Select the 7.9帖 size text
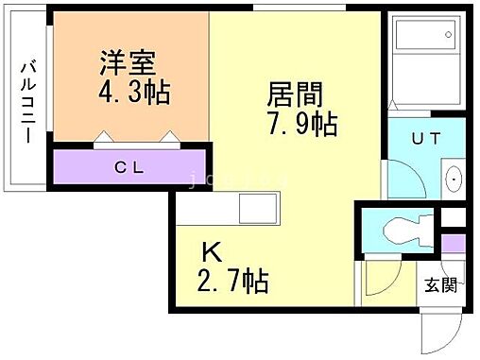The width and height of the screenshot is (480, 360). point(300,124)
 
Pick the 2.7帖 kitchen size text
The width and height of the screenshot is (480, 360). point(232,280)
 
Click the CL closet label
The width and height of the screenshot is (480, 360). point(129,168)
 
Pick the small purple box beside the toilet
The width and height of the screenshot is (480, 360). point(454,243)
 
